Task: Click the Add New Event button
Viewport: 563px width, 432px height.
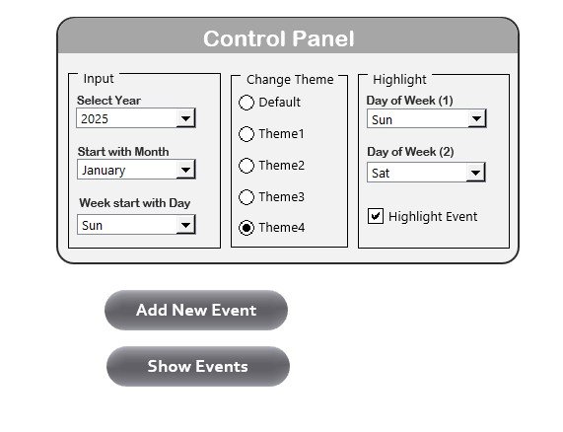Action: [x=196, y=311]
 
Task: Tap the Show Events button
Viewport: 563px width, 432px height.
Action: [x=198, y=366]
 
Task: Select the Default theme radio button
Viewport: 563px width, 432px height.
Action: [x=246, y=103]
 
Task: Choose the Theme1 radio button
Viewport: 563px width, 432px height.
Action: [x=246, y=134]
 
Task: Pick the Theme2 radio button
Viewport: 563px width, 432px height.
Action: [x=246, y=166]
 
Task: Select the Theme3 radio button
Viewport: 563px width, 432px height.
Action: [x=246, y=197]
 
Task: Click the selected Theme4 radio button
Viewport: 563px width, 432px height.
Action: [x=246, y=228]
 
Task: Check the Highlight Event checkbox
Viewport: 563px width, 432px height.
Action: [x=376, y=216]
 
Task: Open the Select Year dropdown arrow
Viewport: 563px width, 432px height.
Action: [x=185, y=118]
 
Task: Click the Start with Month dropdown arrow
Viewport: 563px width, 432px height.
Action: [x=185, y=170]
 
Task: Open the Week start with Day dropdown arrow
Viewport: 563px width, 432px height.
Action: [x=185, y=225]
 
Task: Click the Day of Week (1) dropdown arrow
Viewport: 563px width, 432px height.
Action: [x=477, y=118]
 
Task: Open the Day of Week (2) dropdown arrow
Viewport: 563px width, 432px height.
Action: [x=476, y=173]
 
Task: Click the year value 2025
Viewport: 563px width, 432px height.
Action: [x=95, y=119]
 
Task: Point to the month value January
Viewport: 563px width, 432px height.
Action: [x=104, y=171]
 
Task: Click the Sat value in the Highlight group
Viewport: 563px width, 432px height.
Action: [x=381, y=174]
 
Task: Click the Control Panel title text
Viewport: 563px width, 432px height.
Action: [x=279, y=38]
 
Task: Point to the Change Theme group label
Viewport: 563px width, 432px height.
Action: [x=290, y=79]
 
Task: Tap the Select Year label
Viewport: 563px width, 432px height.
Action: [x=108, y=101]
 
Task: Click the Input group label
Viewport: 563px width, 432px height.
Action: [x=99, y=78]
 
